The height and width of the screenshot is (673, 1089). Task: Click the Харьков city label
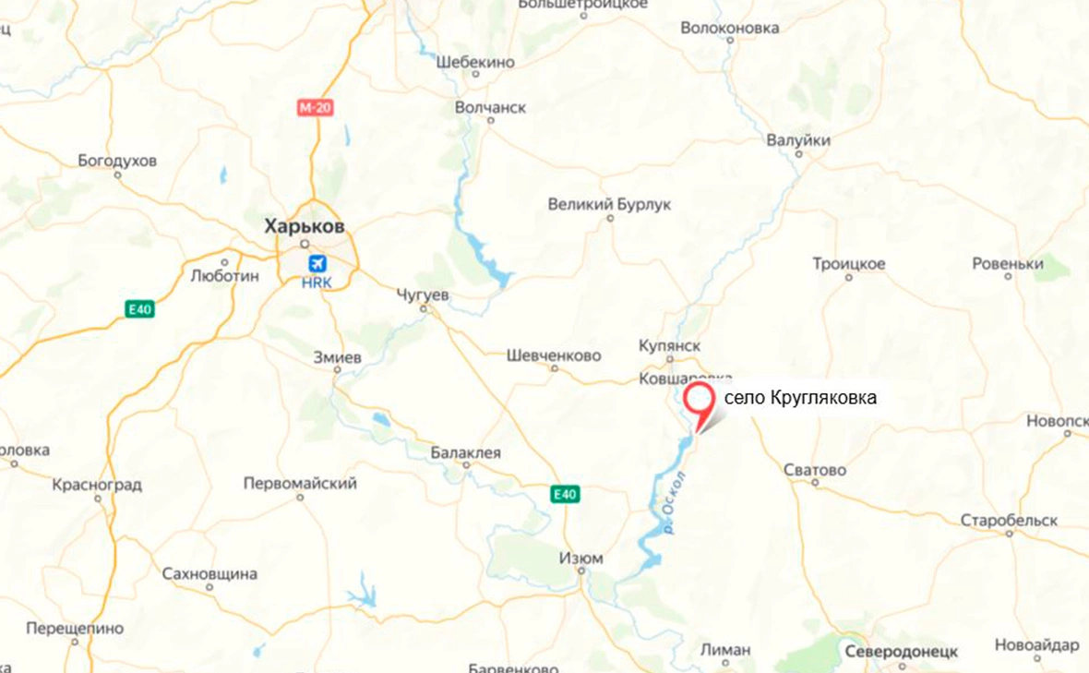pos(305,225)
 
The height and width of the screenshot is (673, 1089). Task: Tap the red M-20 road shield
pos(315,108)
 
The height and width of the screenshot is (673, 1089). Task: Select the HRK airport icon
pos(317,263)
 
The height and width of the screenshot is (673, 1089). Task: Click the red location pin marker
pos(700,403)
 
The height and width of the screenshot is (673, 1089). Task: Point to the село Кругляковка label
pos(799,398)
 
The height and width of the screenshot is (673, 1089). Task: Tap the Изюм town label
pos(581,559)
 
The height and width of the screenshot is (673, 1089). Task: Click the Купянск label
pos(669,344)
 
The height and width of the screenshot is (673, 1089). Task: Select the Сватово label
pos(814,470)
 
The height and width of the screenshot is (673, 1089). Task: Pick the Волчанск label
pos(491,108)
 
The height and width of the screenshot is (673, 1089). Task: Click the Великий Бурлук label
pos(609,204)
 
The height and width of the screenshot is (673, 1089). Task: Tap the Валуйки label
pos(798,141)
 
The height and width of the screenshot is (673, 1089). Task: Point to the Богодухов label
pos(117,161)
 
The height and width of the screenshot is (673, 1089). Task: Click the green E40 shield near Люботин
pos(140,309)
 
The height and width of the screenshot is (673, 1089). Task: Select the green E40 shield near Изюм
pos(565,495)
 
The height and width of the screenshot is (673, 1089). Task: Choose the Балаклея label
pos(466,452)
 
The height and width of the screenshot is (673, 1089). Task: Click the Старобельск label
pos(1009,520)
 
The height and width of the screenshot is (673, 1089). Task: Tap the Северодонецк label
pos(901,651)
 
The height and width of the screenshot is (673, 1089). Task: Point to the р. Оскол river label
pos(676,503)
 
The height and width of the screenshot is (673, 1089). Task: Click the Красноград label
pos(97,485)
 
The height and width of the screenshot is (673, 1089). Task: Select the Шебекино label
pos(475,62)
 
